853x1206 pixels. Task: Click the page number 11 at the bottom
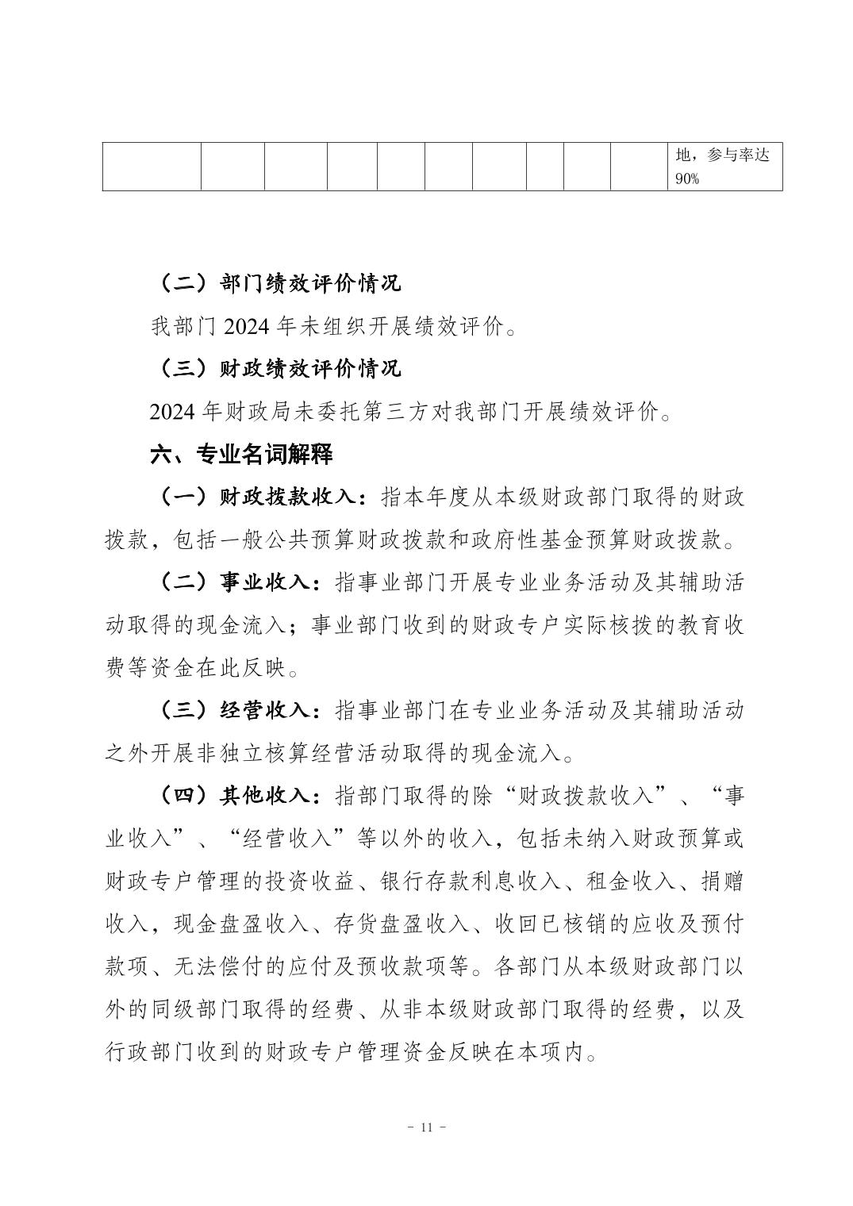pos(426,1127)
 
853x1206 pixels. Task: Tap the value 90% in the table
pos(686,179)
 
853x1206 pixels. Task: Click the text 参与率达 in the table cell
pos(739,156)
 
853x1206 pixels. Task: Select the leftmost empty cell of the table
pos(152,167)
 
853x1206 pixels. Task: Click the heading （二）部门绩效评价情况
pos(277,282)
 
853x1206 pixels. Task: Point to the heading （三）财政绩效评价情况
pos(277,368)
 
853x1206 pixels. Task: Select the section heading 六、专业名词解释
pos(241,454)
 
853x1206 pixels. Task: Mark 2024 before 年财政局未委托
pos(174,412)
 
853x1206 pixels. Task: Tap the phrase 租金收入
pos(630,881)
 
